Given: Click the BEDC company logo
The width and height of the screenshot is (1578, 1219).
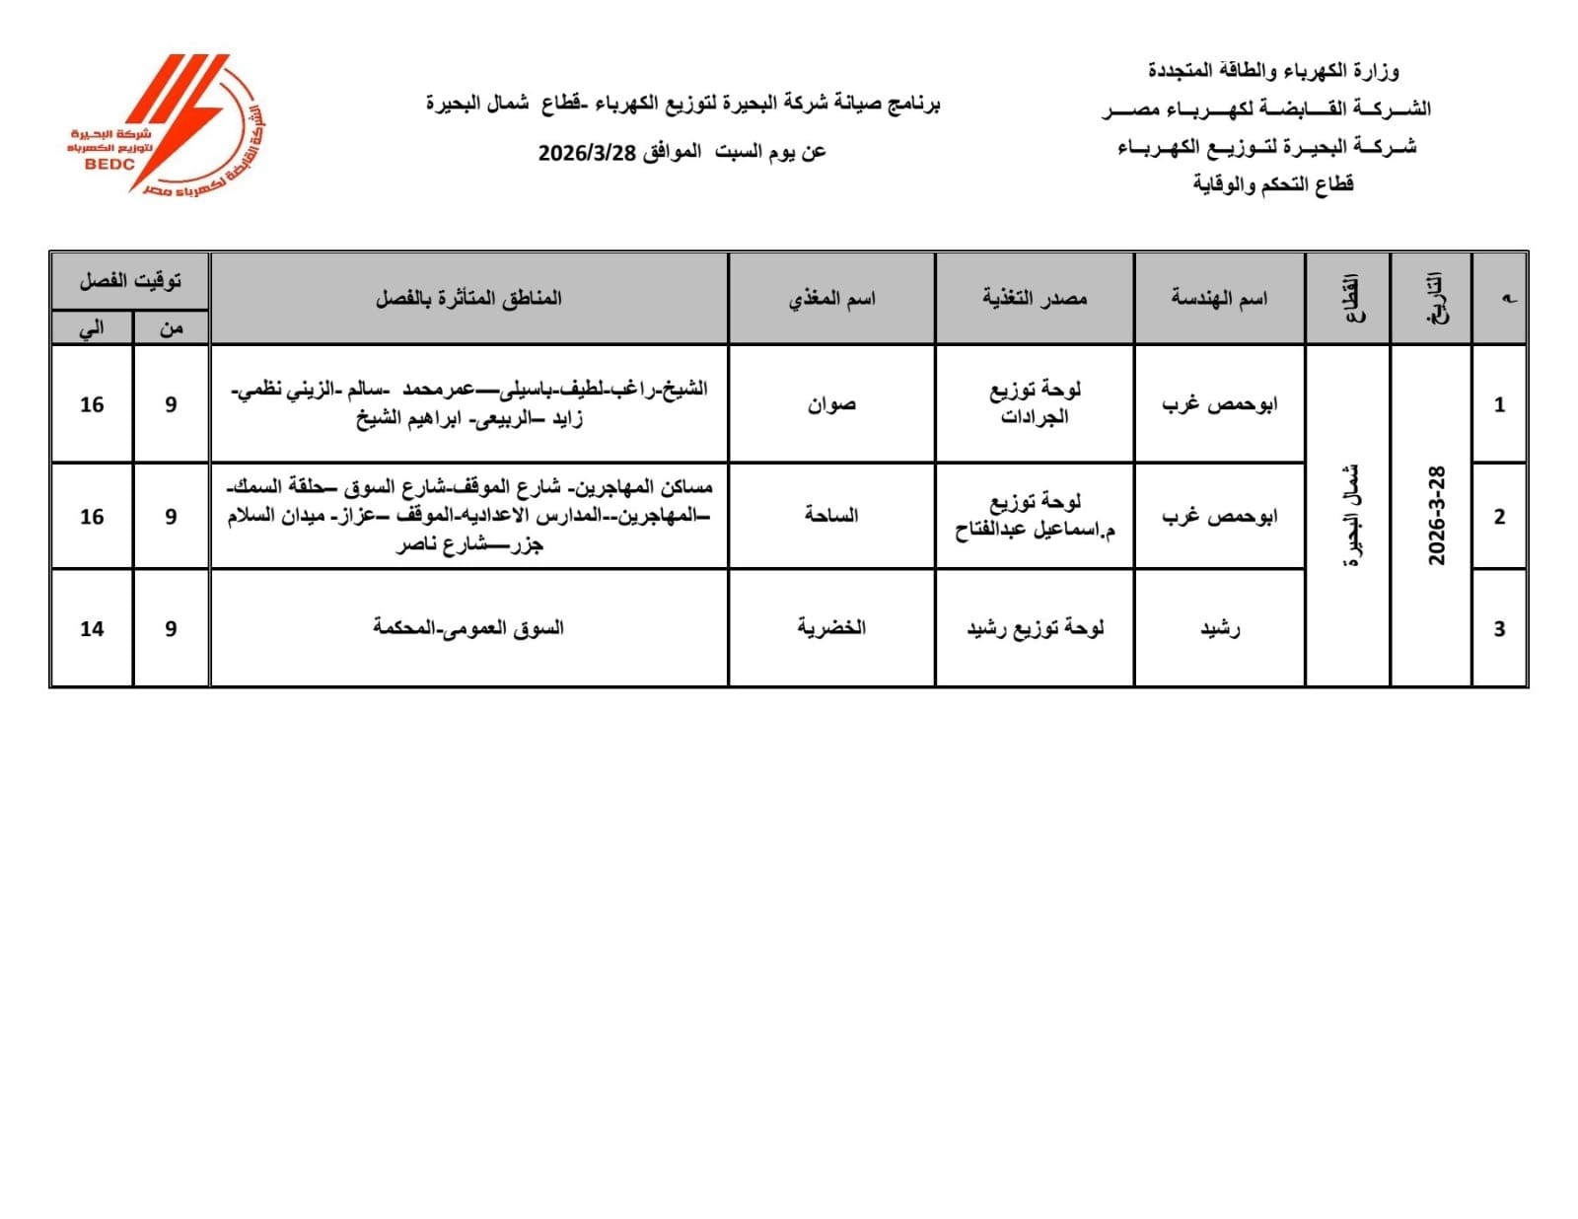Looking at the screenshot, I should pyautogui.click(x=168, y=124).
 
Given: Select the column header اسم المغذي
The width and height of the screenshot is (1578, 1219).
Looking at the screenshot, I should pyautogui.click(x=831, y=298).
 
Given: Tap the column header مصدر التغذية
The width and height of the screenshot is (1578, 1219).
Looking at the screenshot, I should pyautogui.click(x=1034, y=298).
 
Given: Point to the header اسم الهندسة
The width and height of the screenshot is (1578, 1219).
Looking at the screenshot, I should pyautogui.click(x=1219, y=298).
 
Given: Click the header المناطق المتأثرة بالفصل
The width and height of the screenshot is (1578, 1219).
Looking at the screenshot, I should pyautogui.click(x=468, y=298).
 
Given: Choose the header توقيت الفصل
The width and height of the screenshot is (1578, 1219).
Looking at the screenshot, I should pyautogui.click(x=130, y=281).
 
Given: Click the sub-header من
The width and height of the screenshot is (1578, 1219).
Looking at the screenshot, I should pyautogui.click(x=171, y=328).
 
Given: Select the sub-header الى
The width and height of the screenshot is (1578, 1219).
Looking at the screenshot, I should pyautogui.click(x=92, y=328).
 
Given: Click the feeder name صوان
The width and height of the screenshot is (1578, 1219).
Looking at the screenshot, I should pyautogui.click(x=831, y=404).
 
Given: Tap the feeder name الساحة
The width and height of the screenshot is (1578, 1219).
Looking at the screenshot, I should pyautogui.click(x=831, y=515).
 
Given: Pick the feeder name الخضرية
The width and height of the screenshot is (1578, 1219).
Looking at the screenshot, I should pyautogui.click(x=831, y=627).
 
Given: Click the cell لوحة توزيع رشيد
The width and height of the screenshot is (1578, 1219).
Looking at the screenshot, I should pyautogui.click(x=1035, y=627).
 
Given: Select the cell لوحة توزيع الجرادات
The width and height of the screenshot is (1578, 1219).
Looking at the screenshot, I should pyautogui.click(x=1035, y=403).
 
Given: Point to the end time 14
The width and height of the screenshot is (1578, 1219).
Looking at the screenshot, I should pyautogui.click(x=92, y=628).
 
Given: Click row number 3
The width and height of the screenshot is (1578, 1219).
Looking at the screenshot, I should pyautogui.click(x=1499, y=628).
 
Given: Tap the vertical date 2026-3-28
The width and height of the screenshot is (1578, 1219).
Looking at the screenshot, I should pyautogui.click(x=1436, y=516).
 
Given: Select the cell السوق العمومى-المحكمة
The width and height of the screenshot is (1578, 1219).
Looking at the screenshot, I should pyautogui.click(x=468, y=627).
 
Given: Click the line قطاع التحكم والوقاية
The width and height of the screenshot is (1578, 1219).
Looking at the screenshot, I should pyautogui.click(x=1272, y=184).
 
